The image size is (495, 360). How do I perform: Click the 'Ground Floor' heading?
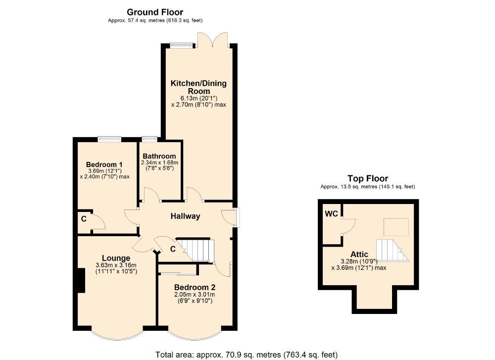[x=155, y=12]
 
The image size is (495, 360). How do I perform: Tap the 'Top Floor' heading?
[x=367, y=178]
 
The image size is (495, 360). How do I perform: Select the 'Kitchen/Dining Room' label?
[x=198, y=87]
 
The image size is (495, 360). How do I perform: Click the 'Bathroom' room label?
[x=159, y=156]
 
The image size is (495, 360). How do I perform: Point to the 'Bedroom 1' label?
[x=104, y=164]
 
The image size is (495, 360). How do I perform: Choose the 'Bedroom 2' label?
[x=195, y=287]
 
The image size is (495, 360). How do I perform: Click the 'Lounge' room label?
[x=116, y=258]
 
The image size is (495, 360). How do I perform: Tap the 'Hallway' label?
[x=185, y=216]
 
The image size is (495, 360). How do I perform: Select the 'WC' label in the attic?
[x=331, y=214]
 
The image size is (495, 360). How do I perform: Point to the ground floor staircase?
[x=197, y=250]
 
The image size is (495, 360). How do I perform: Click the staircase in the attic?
[x=392, y=250]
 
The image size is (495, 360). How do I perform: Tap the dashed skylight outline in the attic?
[x=396, y=227]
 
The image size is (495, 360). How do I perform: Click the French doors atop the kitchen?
[x=212, y=40]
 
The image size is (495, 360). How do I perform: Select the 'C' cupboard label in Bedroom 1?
[x=84, y=217]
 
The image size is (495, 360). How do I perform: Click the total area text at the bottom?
[x=247, y=355]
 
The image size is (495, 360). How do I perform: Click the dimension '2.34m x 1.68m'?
[x=159, y=162]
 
